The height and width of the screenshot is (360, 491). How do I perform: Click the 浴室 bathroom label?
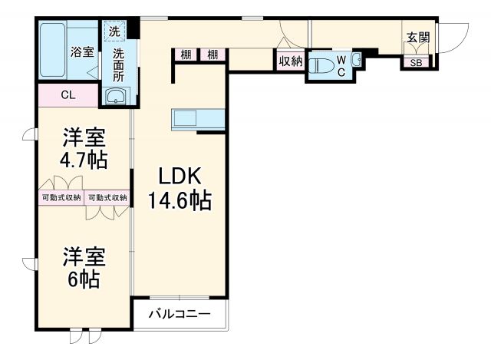coord(83,52)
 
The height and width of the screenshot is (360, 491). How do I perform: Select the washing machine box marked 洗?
coord(114,32)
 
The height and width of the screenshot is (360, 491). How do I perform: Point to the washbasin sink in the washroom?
coord(117,96)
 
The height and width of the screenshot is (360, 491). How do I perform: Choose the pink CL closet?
coord(68,96)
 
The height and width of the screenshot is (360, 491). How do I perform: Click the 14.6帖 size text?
coord(180,201)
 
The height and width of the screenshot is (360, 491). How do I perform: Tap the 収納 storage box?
coord(290,61)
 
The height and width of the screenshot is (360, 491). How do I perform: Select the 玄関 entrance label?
coord(417,37)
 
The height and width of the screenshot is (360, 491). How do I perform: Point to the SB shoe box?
coord(415,63)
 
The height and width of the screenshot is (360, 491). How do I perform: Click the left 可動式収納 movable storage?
coord(61,197)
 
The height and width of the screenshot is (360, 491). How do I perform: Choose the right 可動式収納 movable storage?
coord(107,197)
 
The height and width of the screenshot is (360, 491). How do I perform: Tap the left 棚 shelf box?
coord(186,54)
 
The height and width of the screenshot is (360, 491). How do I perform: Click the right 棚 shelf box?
coord(212,54)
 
